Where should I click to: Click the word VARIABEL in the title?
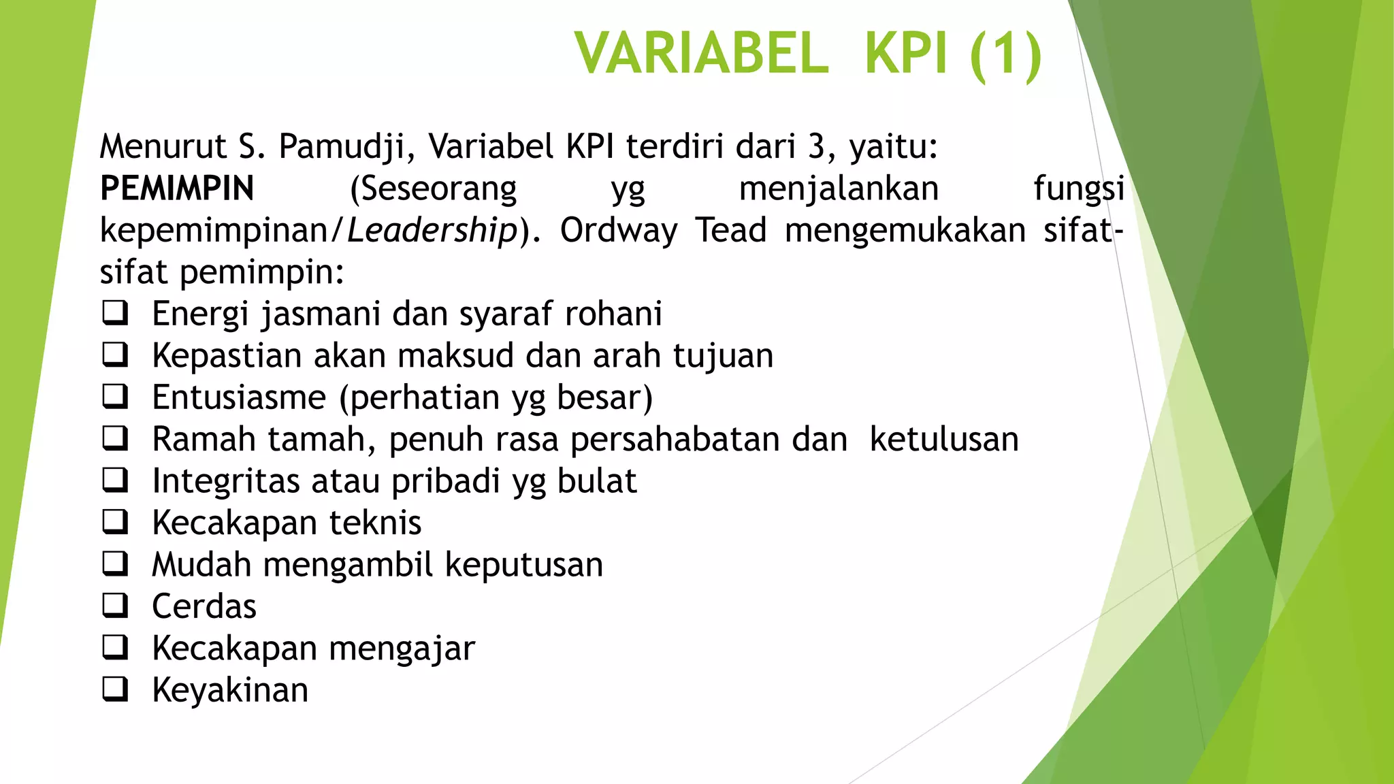coord(702,54)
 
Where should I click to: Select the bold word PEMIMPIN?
coord(177,189)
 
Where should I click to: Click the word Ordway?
coord(619,231)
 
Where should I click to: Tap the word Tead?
coord(731,231)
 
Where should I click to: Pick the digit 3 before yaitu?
coord(816,147)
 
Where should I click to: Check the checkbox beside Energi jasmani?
coord(115,313)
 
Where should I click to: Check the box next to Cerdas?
coord(115,606)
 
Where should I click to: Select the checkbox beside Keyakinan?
coord(115,689)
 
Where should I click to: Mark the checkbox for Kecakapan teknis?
coord(115,522)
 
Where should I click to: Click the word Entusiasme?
coord(239,397)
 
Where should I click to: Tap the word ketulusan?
coord(944,440)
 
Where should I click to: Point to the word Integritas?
coord(226,481)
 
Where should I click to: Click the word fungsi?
coord(1079,189)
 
